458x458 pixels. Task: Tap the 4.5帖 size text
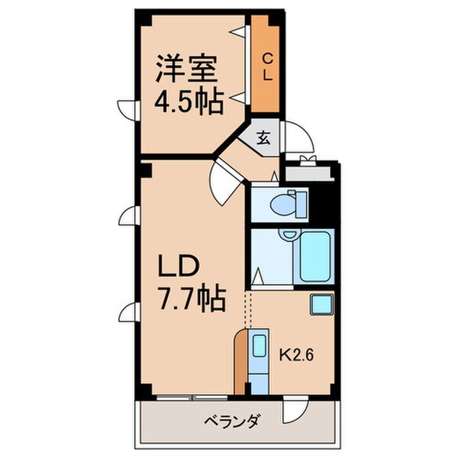coord(189,100)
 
